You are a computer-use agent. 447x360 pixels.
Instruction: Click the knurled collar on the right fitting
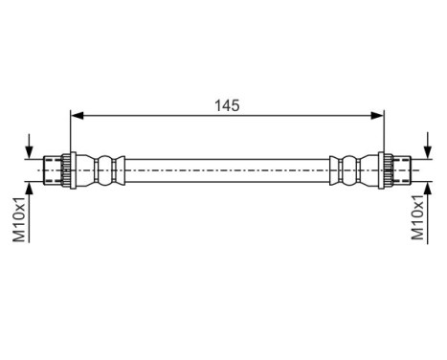tap(386, 169)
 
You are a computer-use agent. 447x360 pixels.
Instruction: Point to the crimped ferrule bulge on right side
tap(349, 169)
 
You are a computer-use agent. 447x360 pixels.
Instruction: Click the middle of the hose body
tap(226, 169)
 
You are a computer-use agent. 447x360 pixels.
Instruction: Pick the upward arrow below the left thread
tap(32, 191)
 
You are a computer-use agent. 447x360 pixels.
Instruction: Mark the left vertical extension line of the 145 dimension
tap(71, 134)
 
